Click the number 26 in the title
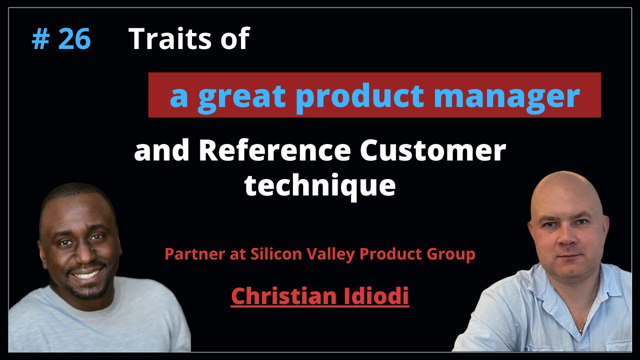coord(74,39)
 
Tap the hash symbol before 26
coord(39,39)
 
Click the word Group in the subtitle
coord(452,254)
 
